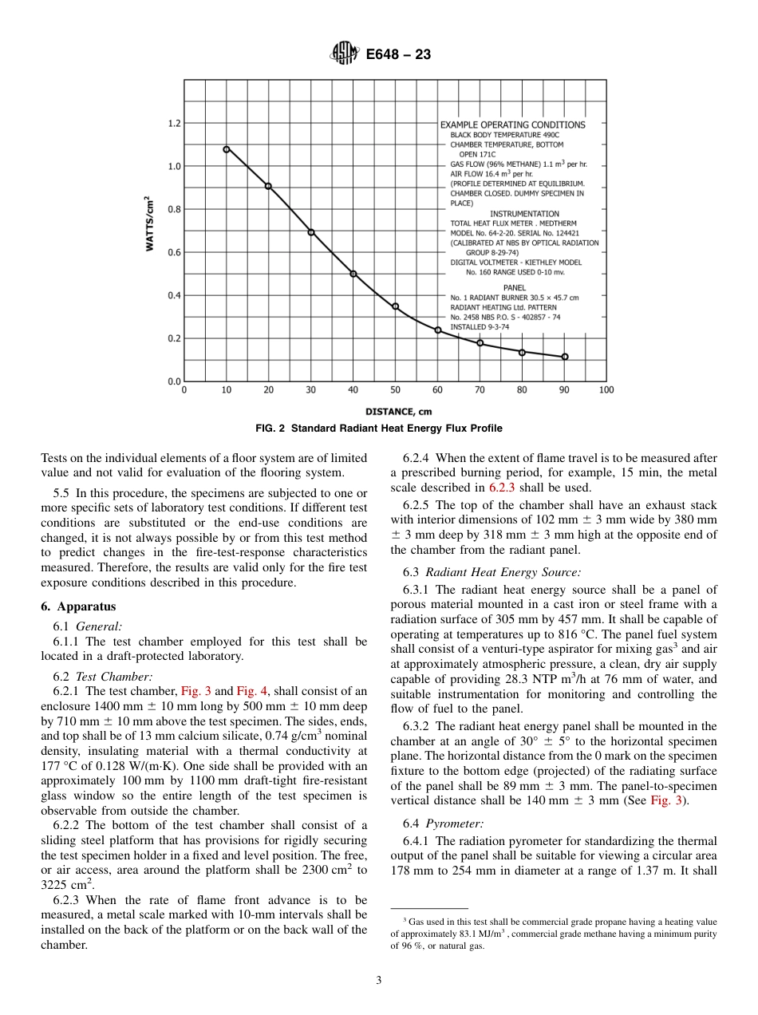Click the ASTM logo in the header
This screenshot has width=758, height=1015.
[345, 54]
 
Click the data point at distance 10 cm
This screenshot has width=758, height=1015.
[227, 149]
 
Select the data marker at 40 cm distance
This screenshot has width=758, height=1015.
[353, 274]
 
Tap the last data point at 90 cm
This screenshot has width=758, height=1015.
[565, 357]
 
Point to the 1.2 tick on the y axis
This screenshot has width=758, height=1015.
[174, 124]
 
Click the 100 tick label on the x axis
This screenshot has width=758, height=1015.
[606, 390]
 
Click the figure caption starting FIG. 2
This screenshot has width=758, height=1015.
[378, 429]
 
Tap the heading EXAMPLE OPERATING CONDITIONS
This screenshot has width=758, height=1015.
[512, 124]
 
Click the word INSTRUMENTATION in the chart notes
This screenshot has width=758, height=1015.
[524, 214]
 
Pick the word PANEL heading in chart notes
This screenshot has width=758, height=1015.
[514, 287]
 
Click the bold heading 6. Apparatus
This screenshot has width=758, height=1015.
[78, 606]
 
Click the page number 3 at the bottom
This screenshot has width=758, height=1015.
[378, 981]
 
